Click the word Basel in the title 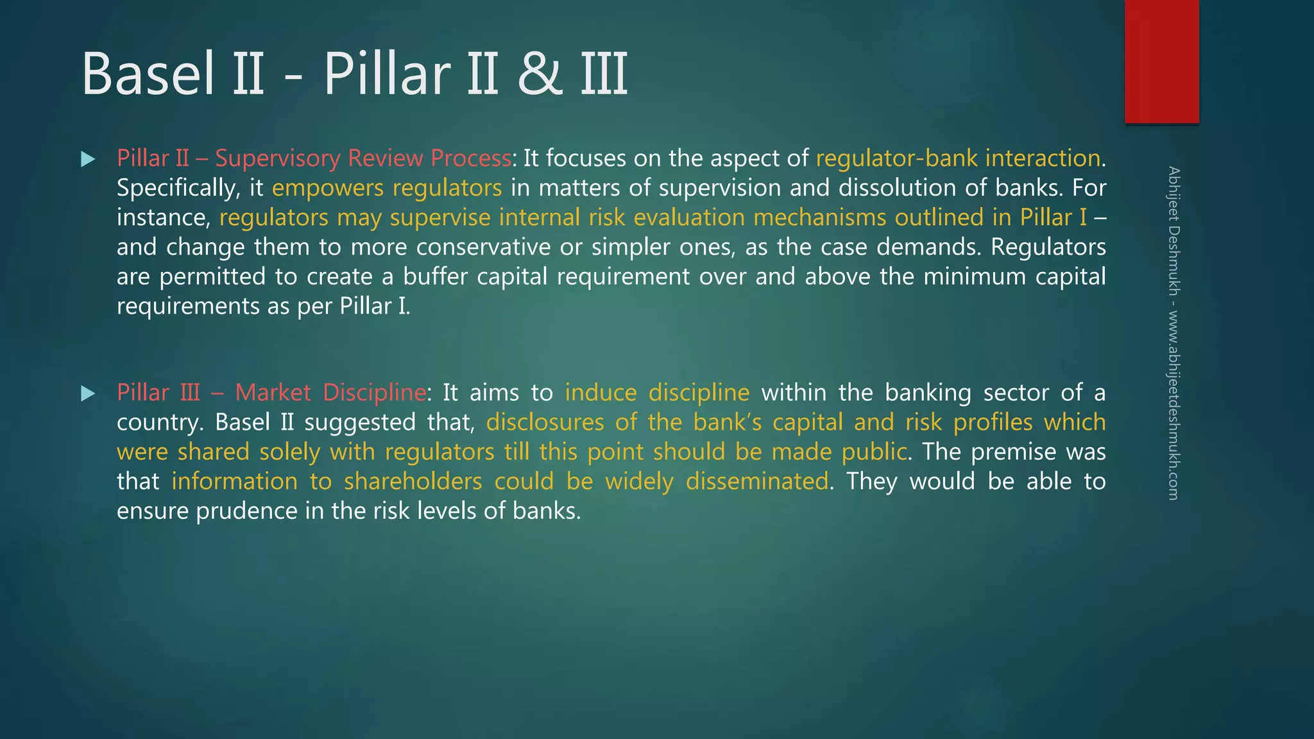point(148,74)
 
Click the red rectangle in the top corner point(1161,62)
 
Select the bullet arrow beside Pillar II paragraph point(88,159)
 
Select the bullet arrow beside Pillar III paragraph point(88,393)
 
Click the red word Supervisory point(277,158)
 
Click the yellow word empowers point(327,189)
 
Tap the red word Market point(273,392)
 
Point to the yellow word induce point(601,392)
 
